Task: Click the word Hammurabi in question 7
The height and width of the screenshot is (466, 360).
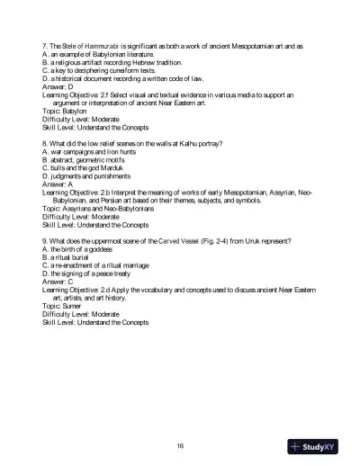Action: coord(100,44)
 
